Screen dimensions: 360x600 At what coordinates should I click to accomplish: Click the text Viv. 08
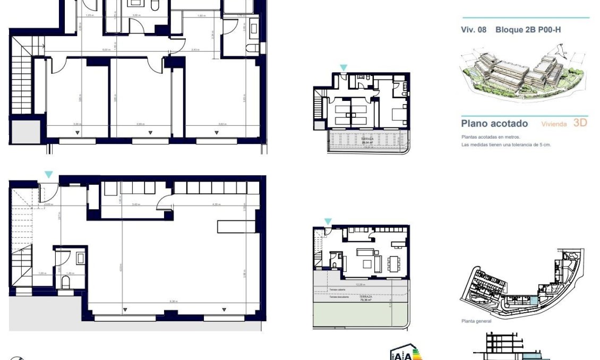click(474, 30)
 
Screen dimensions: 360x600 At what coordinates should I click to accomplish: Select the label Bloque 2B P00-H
click(528, 30)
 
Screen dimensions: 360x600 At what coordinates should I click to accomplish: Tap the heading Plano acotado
click(494, 124)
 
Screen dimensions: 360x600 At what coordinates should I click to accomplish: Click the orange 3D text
click(580, 123)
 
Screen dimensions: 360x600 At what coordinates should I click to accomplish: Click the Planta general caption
click(476, 321)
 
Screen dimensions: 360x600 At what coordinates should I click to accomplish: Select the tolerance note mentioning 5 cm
click(506, 144)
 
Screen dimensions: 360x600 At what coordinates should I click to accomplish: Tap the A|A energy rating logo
click(402, 354)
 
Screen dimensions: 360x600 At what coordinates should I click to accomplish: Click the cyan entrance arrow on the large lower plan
click(49, 175)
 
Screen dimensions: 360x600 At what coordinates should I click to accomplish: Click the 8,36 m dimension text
click(173, 302)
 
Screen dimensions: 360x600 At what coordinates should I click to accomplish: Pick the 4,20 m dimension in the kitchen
click(216, 204)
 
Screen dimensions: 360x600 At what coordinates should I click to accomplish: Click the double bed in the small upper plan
click(398, 114)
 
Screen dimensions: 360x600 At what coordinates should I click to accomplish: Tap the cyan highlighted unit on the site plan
click(534, 301)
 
